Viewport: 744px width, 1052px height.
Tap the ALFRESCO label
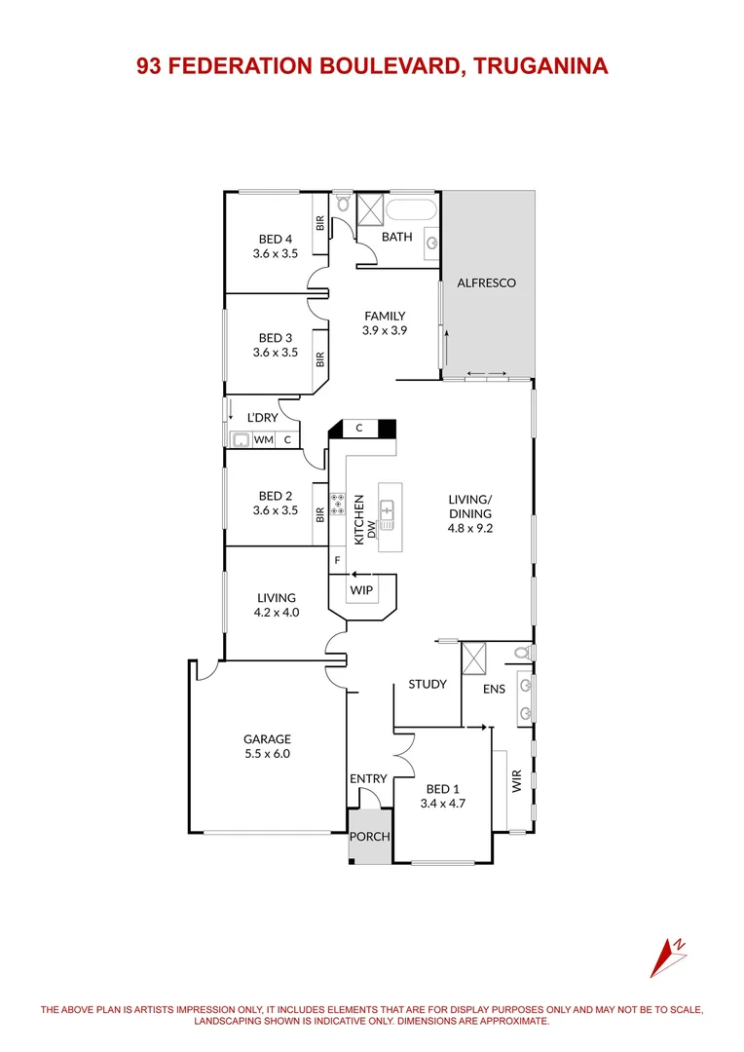(x=486, y=283)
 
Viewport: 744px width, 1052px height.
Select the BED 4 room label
(x=275, y=239)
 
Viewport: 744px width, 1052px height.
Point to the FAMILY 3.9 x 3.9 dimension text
(x=385, y=330)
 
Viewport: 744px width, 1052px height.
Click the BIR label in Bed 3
(x=319, y=358)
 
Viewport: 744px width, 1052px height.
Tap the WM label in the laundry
(x=263, y=440)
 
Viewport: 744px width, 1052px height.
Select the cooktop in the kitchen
(x=339, y=504)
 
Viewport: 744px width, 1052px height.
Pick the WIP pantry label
(x=361, y=590)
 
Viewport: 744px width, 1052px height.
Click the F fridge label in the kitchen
(x=338, y=560)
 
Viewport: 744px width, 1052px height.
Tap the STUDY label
(x=428, y=684)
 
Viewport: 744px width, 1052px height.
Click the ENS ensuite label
(x=495, y=689)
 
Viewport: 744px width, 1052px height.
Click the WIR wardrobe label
(x=517, y=781)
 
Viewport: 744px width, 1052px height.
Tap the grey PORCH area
(x=370, y=837)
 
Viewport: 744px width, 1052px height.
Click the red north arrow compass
(x=671, y=956)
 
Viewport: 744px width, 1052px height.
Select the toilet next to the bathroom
(x=342, y=204)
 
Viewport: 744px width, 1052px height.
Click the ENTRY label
(x=368, y=778)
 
